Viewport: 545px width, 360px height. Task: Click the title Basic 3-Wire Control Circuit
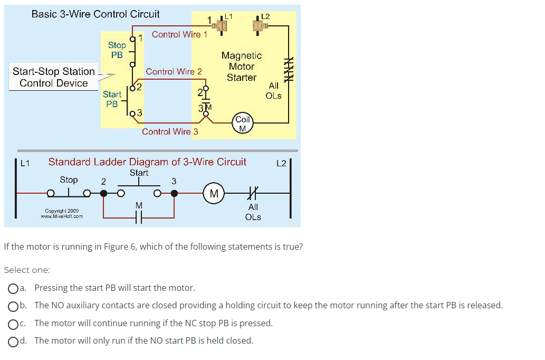coord(95,14)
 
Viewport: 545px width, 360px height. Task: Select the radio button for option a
coord(13,288)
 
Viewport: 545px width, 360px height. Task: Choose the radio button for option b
coord(13,306)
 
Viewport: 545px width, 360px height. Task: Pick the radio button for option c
coord(13,323)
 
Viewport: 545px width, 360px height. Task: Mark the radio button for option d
coord(13,341)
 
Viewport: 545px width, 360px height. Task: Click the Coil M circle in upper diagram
coord(243,123)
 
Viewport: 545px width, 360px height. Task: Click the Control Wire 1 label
coord(179,35)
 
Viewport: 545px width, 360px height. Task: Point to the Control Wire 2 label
coord(174,71)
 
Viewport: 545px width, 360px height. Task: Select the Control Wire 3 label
coord(170,131)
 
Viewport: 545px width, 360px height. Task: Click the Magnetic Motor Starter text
coord(242,67)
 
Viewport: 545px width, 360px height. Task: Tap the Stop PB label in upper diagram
coord(117,50)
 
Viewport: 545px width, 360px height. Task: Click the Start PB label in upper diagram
coord(112,99)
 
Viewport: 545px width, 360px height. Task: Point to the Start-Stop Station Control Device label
coord(54,77)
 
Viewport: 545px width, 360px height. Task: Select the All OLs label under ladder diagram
coord(253,212)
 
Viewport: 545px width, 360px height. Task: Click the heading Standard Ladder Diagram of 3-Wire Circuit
coord(147,162)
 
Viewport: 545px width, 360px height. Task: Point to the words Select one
coord(27,270)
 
